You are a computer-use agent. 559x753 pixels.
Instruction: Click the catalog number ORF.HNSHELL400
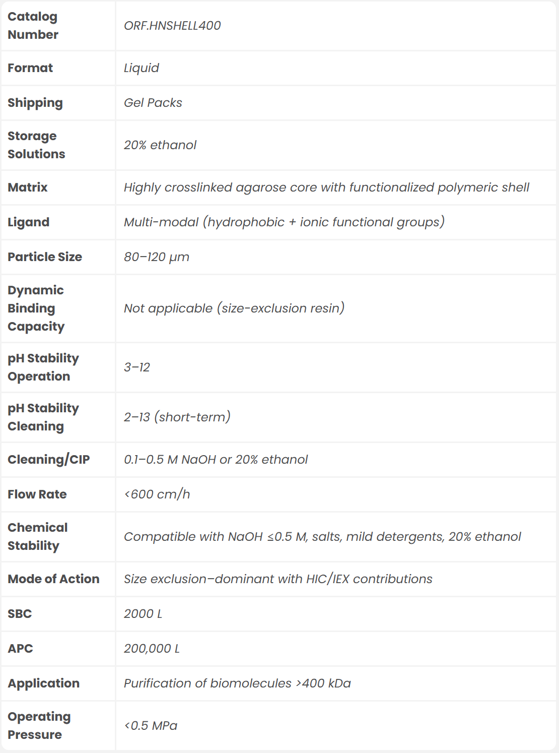(172, 26)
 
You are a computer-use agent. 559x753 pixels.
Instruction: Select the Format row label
(30, 68)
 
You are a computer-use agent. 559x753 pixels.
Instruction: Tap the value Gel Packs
(153, 103)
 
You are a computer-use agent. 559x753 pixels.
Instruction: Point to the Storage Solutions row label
(36, 145)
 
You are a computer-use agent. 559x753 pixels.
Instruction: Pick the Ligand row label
(28, 222)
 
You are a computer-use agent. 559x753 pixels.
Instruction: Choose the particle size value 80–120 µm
(157, 257)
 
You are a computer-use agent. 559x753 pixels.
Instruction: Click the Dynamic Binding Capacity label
(36, 308)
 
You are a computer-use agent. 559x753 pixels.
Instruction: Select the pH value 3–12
(137, 367)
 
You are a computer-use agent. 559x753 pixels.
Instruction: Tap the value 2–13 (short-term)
(177, 417)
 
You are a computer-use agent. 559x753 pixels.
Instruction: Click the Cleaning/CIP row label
(48, 460)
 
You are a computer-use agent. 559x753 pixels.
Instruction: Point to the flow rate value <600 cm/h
(157, 494)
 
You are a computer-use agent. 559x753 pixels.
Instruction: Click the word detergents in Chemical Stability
(410, 537)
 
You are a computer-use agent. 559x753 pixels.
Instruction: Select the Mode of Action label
(53, 579)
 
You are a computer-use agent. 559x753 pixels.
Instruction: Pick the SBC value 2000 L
(143, 614)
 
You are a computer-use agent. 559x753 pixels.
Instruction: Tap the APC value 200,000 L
(152, 649)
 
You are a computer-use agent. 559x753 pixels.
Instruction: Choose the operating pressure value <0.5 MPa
(151, 726)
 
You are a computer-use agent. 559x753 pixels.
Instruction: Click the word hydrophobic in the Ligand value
(246, 222)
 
